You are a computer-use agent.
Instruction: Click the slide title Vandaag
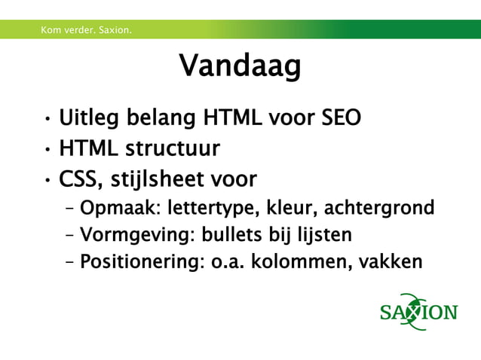[240, 67]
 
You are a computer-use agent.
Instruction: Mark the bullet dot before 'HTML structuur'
[47, 150]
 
